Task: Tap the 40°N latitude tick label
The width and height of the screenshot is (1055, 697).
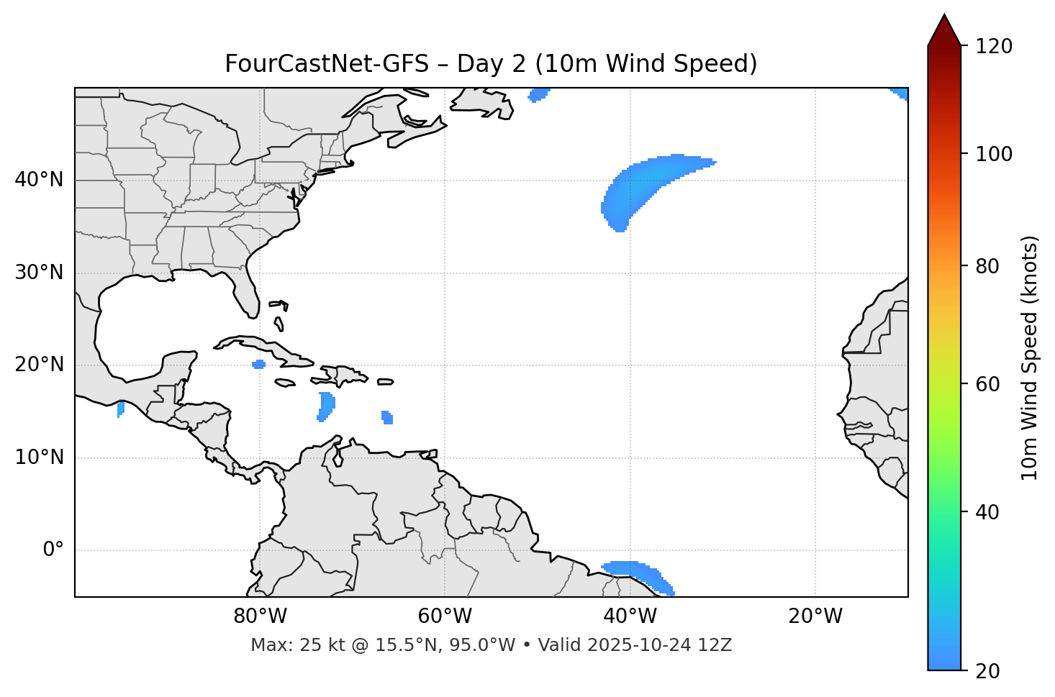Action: click(x=39, y=180)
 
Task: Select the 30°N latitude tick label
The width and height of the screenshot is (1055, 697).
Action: click(x=39, y=273)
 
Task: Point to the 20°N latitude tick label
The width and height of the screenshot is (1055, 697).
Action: click(x=39, y=365)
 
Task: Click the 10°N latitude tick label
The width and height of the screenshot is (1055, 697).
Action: click(x=39, y=457)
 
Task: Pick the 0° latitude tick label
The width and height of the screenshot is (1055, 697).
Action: click(x=53, y=550)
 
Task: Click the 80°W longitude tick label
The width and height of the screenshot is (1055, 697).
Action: click(x=259, y=616)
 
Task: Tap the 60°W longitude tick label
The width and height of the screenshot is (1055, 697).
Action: click(x=444, y=616)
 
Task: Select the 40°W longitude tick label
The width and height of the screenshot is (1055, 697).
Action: click(x=630, y=616)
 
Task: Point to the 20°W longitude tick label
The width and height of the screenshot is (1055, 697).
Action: click(x=815, y=616)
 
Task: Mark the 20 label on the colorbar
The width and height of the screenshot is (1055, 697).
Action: click(x=987, y=671)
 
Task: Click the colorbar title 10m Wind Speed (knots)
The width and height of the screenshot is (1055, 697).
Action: click(x=1030, y=357)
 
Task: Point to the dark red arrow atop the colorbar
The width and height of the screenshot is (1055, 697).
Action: click(x=944, y=31)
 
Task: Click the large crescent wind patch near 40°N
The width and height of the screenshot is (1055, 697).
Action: click(x=633, y=187)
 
